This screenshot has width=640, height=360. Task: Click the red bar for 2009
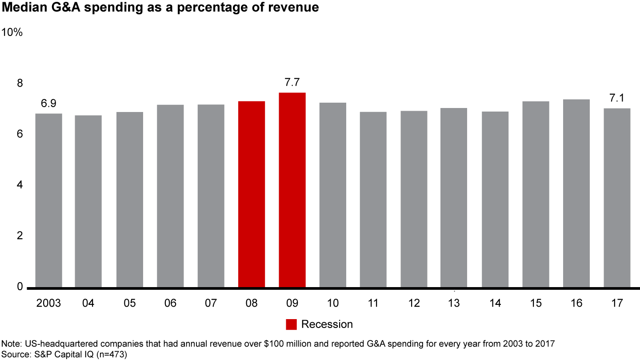[292, 190]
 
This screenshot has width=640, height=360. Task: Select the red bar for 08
[252, 194]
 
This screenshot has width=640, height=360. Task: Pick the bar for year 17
[617, 198]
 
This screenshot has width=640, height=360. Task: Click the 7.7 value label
[292, 82]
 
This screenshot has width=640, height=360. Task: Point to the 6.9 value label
[49, 104]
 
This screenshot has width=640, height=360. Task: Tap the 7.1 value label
[617, 98]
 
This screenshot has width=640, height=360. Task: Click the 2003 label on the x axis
[48, 303]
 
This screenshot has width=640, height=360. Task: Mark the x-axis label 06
[170, 303]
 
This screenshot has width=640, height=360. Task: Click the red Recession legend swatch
[291, 324]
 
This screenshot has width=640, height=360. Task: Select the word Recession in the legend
[327, 324]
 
